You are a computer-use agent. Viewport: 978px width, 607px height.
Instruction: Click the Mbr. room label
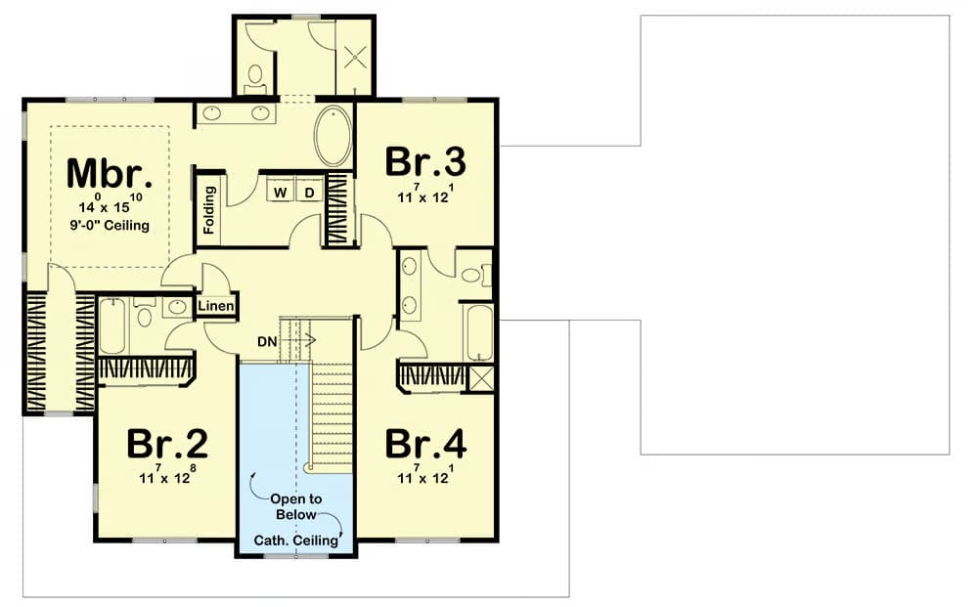110,173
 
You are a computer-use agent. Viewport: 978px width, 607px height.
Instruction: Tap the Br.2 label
166,444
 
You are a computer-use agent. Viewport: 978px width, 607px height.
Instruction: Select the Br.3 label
424,161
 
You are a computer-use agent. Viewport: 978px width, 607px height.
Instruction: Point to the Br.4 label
425,444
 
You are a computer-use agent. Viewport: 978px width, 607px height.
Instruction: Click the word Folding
209,210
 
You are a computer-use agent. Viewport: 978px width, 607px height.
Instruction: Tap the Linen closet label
216,306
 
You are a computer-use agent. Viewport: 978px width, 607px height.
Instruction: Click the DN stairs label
267,341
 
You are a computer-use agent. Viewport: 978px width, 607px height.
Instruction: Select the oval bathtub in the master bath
333,136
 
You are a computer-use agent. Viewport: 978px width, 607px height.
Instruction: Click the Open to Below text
296,506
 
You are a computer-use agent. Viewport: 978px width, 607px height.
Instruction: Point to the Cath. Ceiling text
295,540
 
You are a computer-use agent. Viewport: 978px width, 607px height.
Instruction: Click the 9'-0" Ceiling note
110,225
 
